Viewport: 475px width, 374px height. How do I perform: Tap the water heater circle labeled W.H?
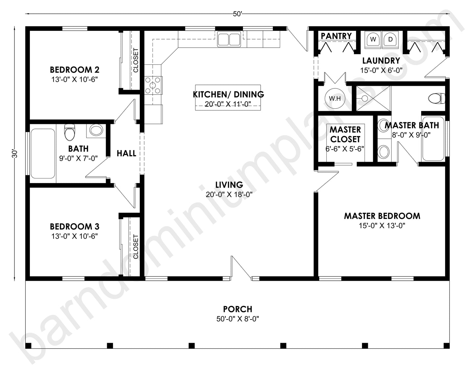(x=335, y=98)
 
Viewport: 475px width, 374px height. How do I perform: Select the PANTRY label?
(x=336, y=36)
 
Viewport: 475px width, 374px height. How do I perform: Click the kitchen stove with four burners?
(x=153, y=85)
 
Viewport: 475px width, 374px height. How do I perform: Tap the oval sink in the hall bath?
(x=96, y=130)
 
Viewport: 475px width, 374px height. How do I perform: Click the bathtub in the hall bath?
(x=43, y=153)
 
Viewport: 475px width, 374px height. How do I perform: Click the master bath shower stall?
(x=374, y=98)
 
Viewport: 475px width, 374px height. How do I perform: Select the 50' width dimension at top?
(x=237, y=14)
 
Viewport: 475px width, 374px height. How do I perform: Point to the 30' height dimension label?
(x=14, y=154)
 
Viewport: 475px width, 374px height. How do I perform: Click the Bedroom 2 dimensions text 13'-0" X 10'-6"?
(x=75, y=79)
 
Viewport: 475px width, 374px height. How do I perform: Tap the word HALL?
(x=126, y=153)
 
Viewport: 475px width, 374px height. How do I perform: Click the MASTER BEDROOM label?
(x=382, y=216)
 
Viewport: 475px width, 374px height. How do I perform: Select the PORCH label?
(x=237, y=309)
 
